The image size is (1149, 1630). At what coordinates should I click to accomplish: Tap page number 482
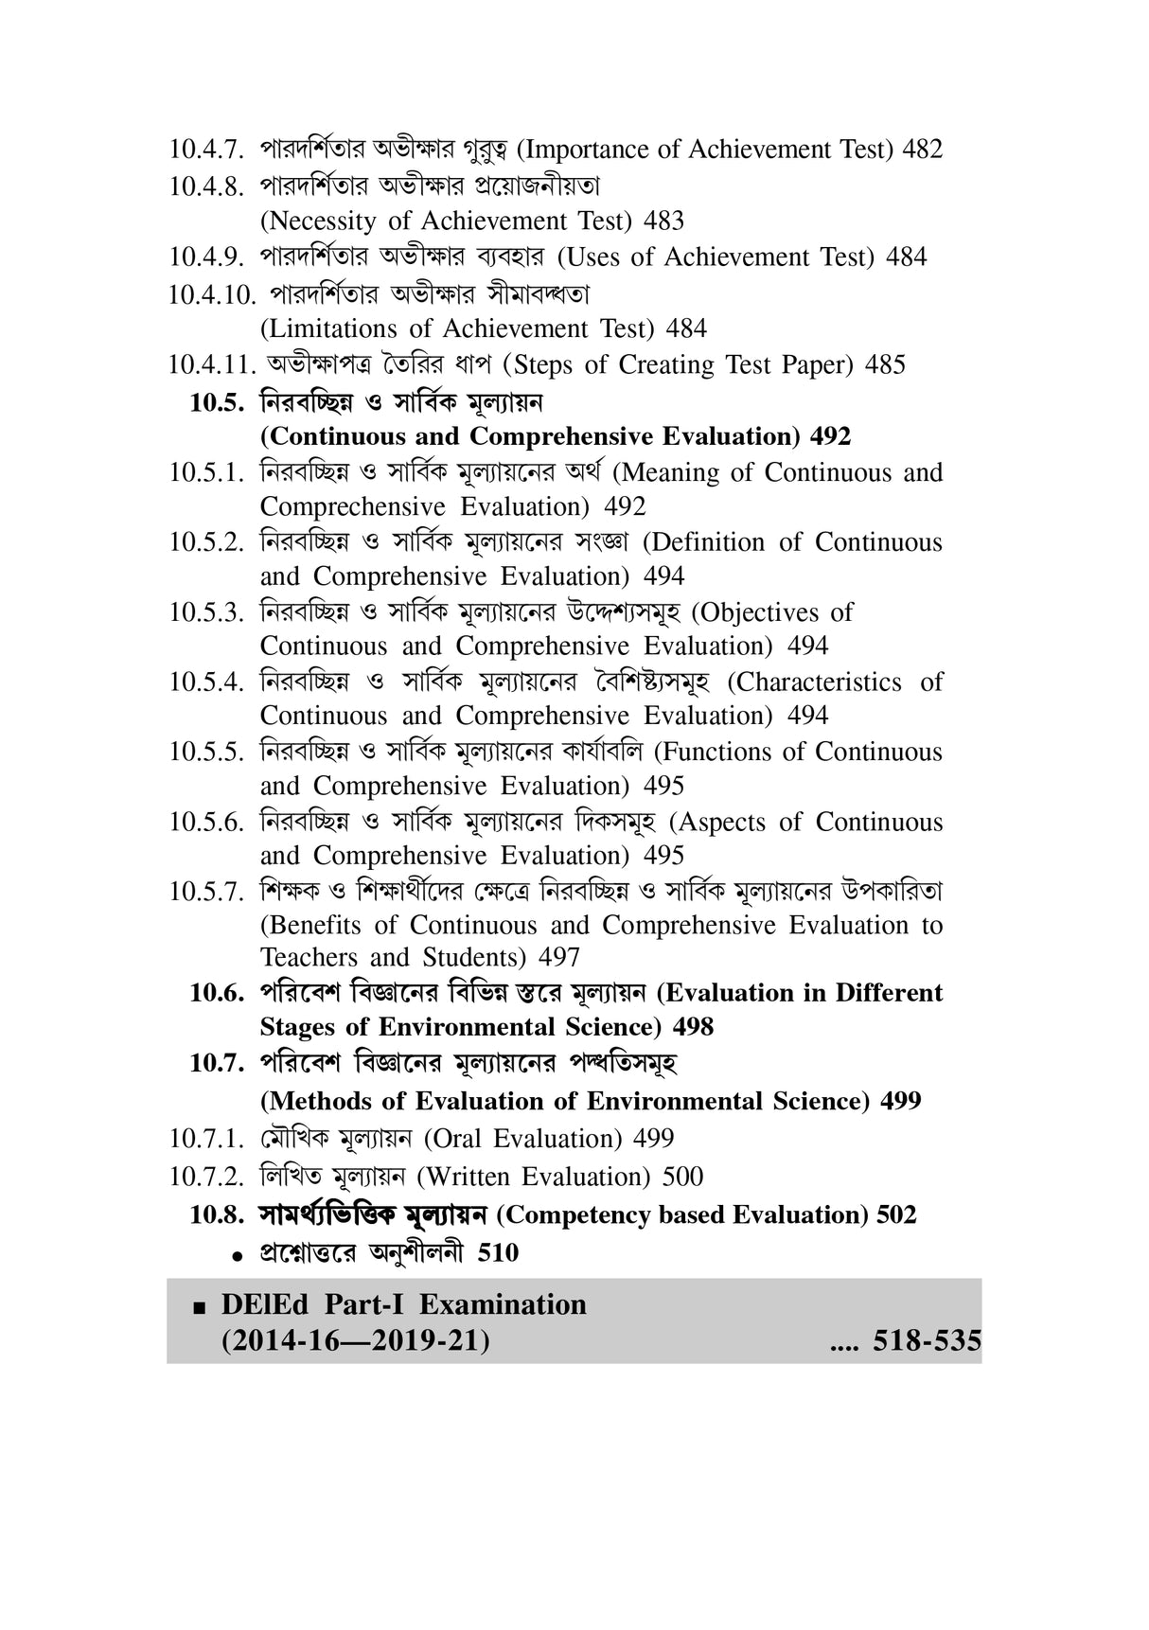pos(923,150)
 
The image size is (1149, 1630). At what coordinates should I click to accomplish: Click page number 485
pos(885,365)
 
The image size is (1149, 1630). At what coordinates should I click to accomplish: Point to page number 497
pos(559,958)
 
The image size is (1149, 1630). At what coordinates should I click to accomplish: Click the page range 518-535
pos(927,1341)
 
